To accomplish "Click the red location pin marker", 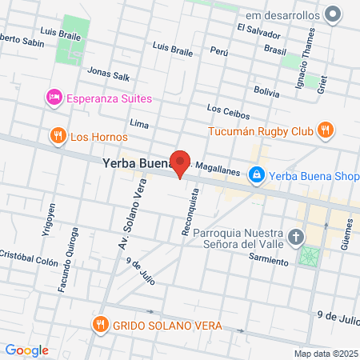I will [x=181, y=163].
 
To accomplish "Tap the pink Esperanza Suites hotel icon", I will [x=54, y=98].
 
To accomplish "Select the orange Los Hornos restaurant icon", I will [x=57, y=137].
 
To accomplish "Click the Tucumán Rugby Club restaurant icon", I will [x=325, y=130].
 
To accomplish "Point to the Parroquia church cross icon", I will [x=297, y=237].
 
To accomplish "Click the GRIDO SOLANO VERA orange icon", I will [x=100, y=326].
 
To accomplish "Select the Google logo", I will [x=26, y=350].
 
